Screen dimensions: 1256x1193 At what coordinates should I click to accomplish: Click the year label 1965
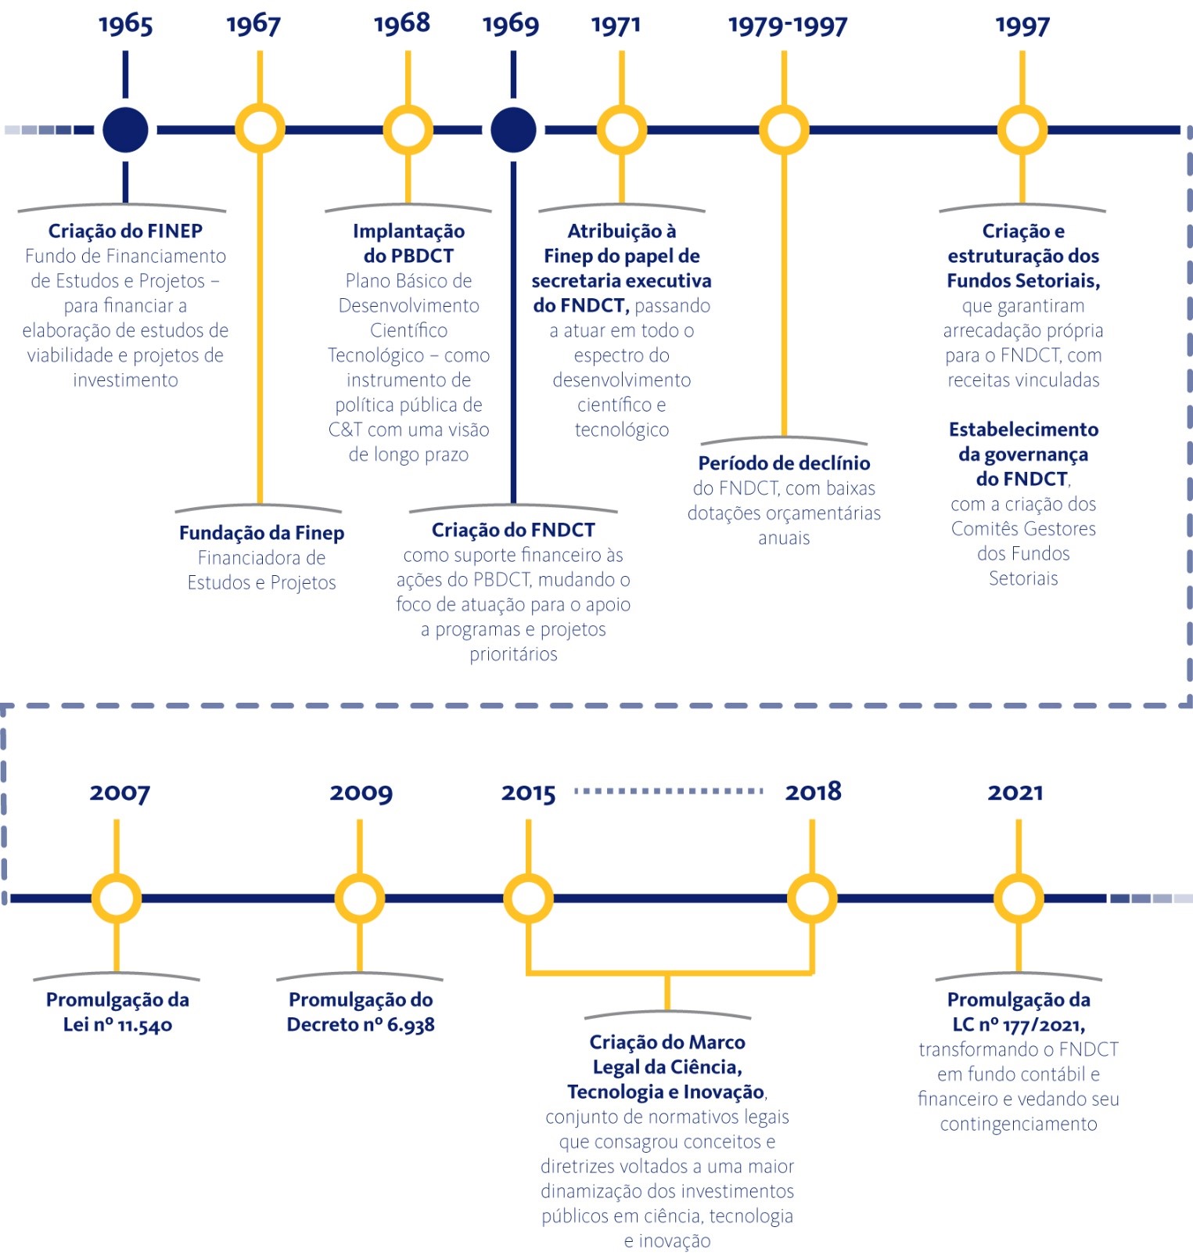click(125, 24)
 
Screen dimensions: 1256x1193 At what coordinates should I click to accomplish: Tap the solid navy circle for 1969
click(513, 129)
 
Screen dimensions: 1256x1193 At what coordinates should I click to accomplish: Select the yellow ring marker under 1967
click(260, 129)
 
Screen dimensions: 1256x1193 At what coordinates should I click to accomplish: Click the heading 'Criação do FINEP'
click(125, 231)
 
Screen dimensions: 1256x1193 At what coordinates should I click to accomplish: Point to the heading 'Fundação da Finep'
click(261, 533)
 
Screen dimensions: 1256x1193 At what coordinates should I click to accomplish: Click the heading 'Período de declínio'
click(784, 463)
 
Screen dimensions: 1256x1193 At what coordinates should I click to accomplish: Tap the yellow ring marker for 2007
click(117, 898)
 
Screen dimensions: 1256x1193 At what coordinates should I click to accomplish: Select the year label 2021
click(1015, 793)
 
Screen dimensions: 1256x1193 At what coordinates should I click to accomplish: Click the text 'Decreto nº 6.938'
click(361, 1024)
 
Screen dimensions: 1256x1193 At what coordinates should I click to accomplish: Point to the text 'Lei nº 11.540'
click(117, 1024)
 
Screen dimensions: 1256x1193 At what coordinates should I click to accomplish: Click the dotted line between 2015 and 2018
click(669, 791)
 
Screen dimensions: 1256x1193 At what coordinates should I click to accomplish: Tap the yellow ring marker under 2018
click(812, 898)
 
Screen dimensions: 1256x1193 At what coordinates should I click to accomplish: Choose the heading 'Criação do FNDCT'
click(513, 530)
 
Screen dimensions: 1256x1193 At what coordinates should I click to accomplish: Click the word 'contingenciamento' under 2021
click(1019, 1124)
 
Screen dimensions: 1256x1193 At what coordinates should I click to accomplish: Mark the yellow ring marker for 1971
click(621, 129)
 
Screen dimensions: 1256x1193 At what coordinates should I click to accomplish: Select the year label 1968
click(402, 23)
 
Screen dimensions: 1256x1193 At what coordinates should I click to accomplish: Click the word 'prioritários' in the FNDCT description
click(513, 654)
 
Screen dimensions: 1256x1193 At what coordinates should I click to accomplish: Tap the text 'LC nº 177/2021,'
click(1019, 1024)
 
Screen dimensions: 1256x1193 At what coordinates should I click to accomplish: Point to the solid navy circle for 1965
click(125, 129)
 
